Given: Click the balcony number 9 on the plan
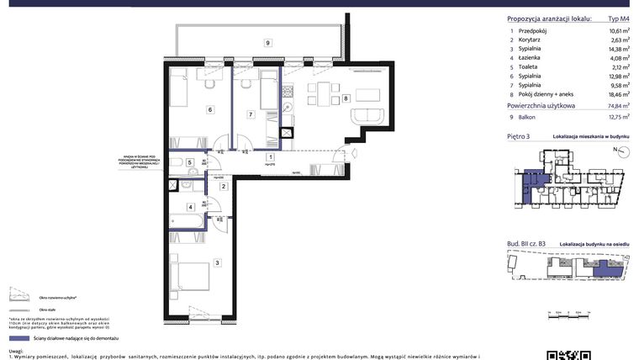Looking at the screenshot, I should [267, 43].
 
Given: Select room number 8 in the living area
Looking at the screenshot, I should [346, 98].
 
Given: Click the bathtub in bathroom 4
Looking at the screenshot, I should [187, 221].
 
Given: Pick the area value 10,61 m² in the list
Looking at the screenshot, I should [619, 30].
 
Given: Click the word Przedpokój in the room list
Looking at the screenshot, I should [534, 30].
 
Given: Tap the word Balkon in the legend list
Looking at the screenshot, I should [527, 118].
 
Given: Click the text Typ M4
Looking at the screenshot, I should [618, 19].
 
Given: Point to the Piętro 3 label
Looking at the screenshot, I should [519, 135].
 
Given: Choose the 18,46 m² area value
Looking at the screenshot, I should [619, 96].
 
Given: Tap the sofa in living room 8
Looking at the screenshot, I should [368, 116].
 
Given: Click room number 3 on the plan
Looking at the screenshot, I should [218, 263].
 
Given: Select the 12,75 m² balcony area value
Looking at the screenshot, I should [619, 118].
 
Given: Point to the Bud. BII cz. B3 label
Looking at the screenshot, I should [526, 242].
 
